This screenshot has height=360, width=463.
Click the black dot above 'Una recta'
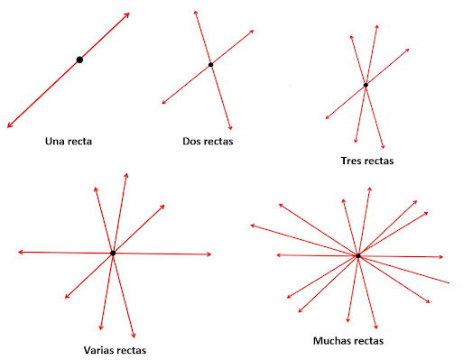[79, 60]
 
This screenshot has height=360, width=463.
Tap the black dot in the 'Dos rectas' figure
[210, 65]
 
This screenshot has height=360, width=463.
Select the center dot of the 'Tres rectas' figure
[366, 86]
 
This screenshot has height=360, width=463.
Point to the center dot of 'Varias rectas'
[113, 254]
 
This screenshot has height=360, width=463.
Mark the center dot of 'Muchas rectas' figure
[358, 256]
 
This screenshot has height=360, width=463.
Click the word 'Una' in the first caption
[56, 142]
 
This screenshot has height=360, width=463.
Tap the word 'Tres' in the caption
[351, 162]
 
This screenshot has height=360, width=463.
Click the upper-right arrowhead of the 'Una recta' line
[127, 14]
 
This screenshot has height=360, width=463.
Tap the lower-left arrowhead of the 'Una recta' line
[9, 125]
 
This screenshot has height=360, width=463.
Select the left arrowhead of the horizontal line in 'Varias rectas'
[19, 253]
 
